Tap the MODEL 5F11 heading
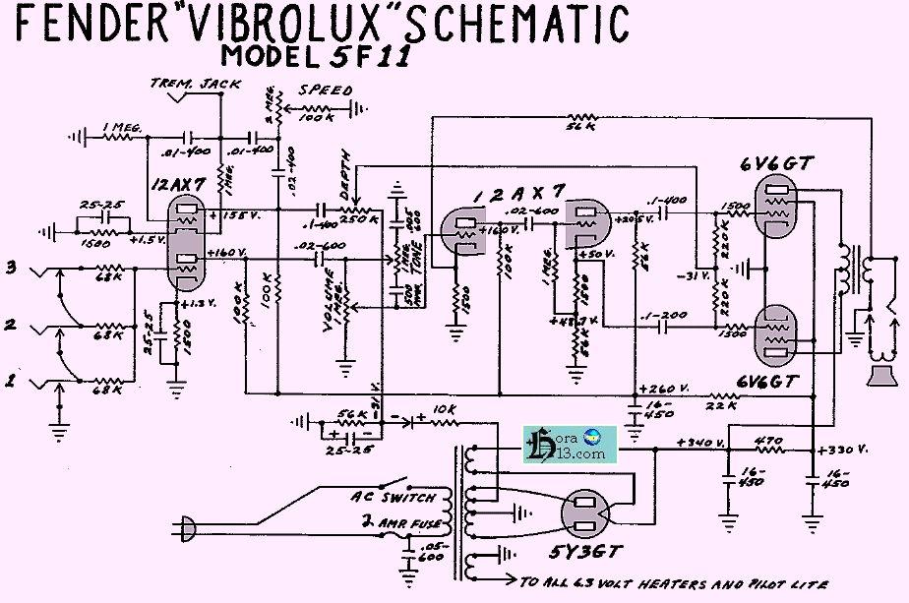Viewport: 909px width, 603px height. click(x=315, y=56)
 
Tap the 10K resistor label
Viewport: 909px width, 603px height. click(x=443, y=409)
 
